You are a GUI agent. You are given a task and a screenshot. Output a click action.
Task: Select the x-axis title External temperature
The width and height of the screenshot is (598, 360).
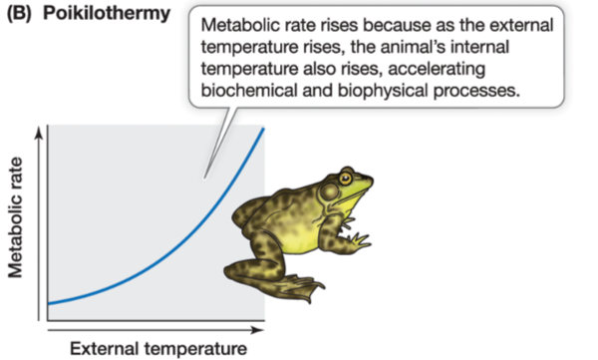[157, 348]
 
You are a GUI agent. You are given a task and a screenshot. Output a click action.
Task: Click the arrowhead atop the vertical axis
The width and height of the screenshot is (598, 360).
[40, 132]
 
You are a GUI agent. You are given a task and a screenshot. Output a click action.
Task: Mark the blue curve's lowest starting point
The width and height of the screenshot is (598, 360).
[49, 302]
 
